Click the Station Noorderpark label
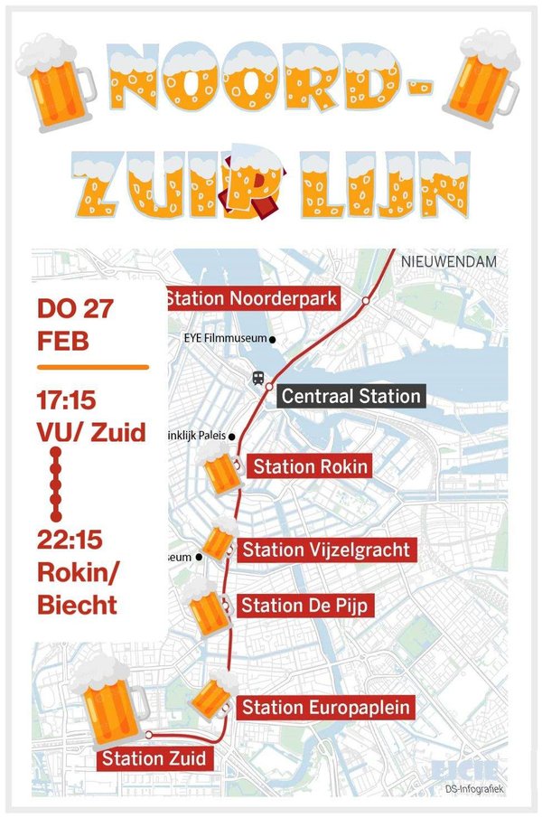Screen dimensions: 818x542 point(253,298)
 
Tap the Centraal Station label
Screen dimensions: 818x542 point(350,396)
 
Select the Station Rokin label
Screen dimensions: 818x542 point(310,466)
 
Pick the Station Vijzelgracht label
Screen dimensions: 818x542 point(326,549)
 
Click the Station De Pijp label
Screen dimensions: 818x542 point(304,606)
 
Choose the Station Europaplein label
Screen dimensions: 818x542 point(326,707)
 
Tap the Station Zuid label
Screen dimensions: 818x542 point(154,757)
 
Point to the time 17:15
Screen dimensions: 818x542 point(69,399)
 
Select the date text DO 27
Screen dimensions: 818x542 point(75,310)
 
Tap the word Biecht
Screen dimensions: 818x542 point(78,604)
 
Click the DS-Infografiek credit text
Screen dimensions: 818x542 point(474,790)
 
